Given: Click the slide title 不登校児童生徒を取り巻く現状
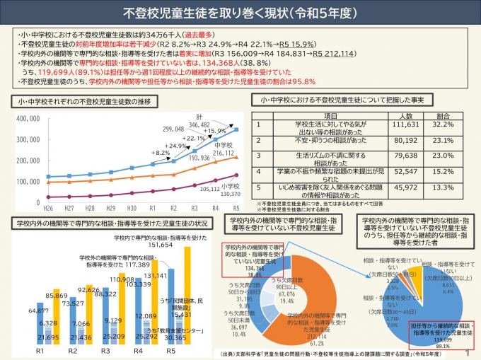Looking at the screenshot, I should coord(240,13).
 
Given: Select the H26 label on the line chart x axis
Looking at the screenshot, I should coord(48,209).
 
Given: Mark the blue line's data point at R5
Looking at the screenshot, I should coord(236,129).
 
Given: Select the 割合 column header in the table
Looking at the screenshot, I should coord(444,115).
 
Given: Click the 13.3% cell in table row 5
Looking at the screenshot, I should coord(444,187).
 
